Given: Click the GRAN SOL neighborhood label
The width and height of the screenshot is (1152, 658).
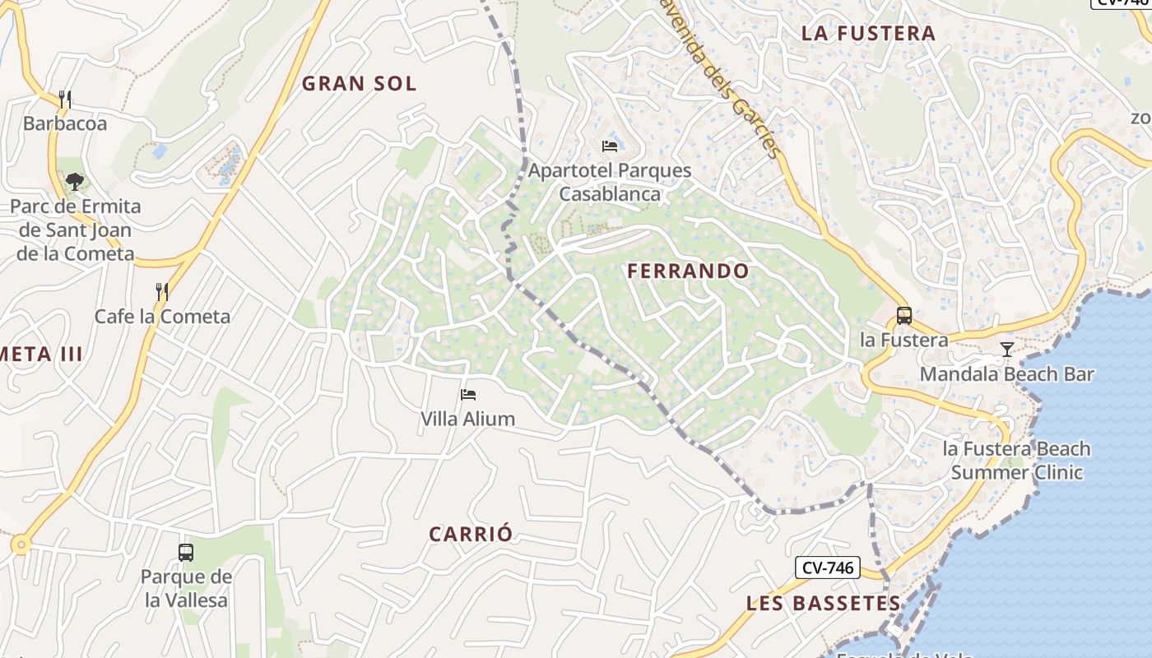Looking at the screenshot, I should click(x=359, y=83).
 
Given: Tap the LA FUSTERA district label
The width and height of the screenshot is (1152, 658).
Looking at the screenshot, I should click(x=868, y=34).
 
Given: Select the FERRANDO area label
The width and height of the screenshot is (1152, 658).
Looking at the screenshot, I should click(x=688, y=271).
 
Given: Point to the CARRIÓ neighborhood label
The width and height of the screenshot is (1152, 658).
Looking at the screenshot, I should click(x=471, y=534).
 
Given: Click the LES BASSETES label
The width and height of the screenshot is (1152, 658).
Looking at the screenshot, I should click(x=823, y=603).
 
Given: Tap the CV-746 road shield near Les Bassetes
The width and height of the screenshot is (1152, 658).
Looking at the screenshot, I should click(x=828, y=568).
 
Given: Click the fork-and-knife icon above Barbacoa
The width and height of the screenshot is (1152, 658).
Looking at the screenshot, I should click(x=65, y=100).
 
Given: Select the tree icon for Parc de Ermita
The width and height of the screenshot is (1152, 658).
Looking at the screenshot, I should click(x=75, y=181).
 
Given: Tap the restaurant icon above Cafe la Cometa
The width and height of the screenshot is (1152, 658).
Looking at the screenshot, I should click(x=162, y=291).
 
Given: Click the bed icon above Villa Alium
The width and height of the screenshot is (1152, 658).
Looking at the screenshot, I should click(x=468, y=395).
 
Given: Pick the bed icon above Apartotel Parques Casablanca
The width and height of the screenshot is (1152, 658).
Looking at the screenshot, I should click(x=610, y=146).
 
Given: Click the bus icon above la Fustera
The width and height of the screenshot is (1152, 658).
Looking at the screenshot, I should click(x=903, y=315).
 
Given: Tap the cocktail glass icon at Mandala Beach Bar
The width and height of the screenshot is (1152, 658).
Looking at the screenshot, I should click(x=1006, y=350).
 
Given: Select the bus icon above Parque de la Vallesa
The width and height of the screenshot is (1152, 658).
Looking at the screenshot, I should click(x=186, y=552).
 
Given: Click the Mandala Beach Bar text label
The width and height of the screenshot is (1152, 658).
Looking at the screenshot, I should click(x=1006, y=374).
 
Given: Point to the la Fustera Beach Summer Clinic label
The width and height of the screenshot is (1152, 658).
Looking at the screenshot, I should click(x=1017, y=461).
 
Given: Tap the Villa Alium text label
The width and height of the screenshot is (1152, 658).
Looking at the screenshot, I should click(x=467, y=419).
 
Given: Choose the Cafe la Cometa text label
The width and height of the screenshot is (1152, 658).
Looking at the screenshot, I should click(x=162, y=317).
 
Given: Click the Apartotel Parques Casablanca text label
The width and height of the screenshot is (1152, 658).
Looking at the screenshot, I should click(x=610, y=183).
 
